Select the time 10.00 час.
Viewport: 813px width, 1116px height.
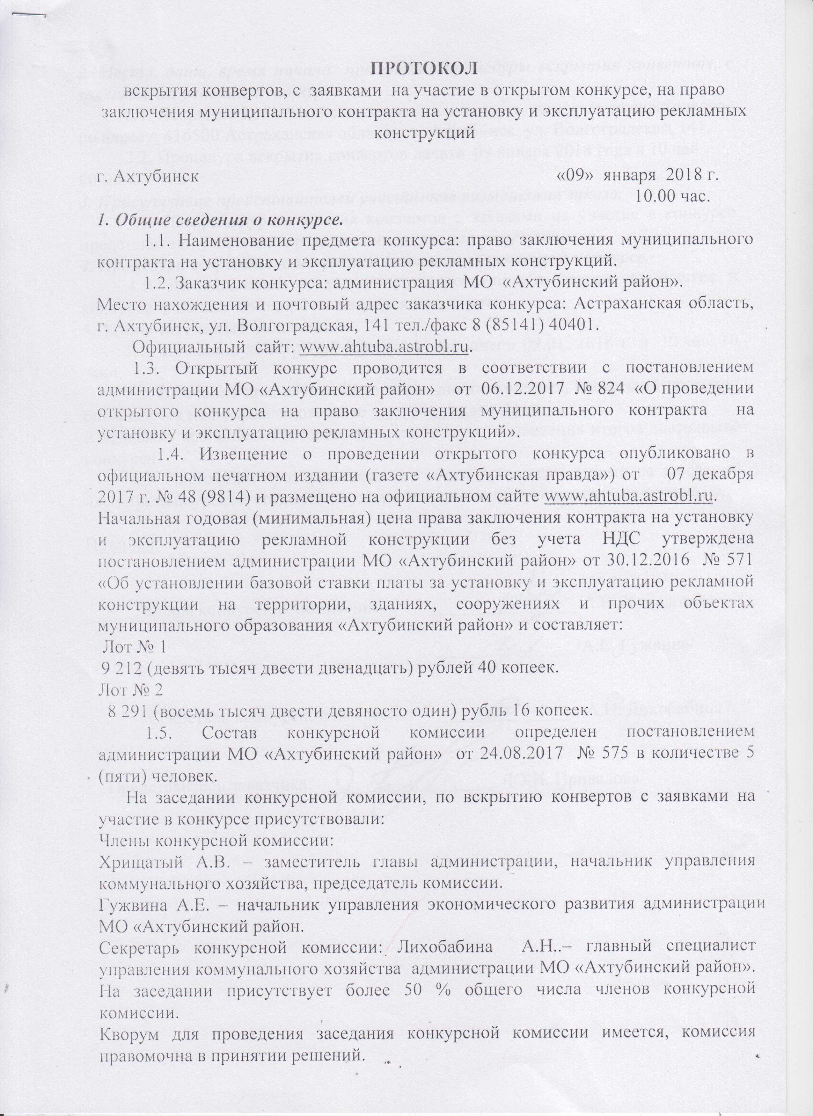click(x=672, y=198)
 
